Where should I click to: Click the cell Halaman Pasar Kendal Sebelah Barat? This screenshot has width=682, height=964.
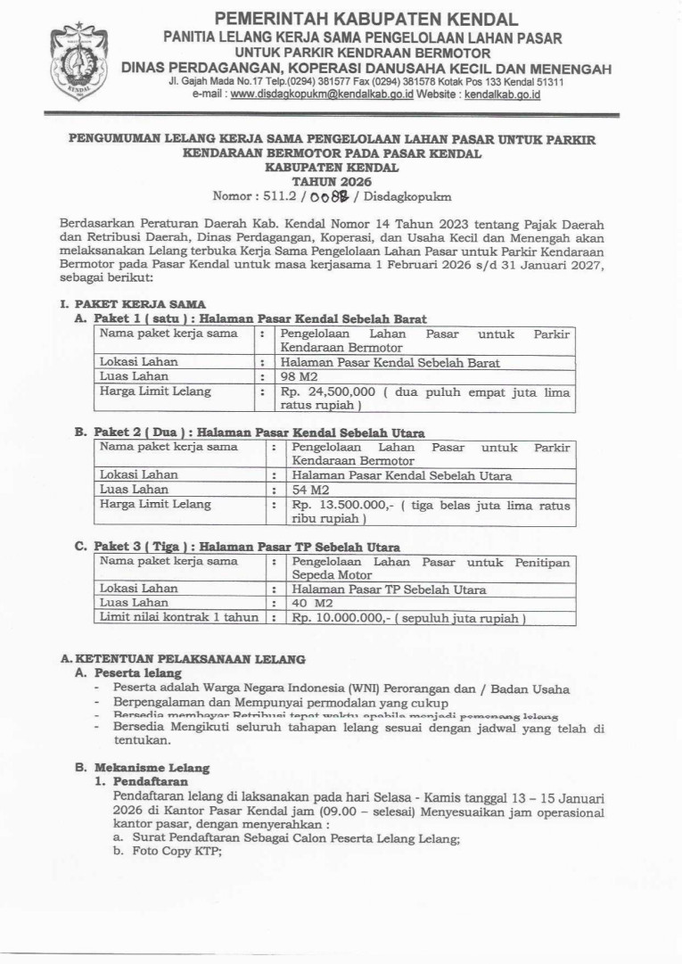coord(390,362)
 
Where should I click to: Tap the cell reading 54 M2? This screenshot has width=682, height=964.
coord(307,490)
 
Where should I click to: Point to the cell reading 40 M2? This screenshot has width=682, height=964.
coord(308,603)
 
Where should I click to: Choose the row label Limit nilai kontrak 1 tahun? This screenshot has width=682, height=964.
coord(179,617)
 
